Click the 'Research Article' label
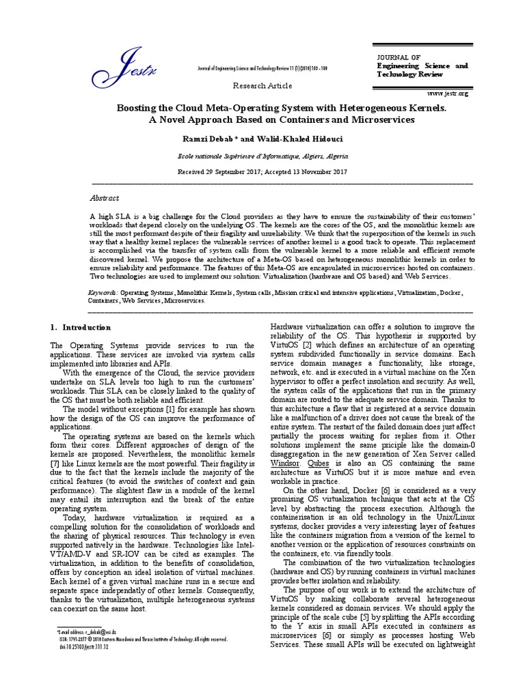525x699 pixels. (x=262, y=86)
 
